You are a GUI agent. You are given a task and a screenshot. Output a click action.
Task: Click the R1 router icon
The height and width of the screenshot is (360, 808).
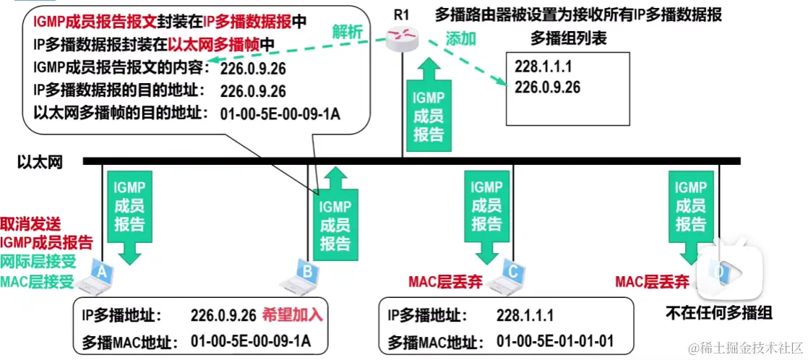(401, 38)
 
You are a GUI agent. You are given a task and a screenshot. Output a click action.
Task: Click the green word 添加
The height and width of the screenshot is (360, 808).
(460, 38)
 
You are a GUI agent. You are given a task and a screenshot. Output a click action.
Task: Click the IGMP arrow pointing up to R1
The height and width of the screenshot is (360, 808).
(428, 108)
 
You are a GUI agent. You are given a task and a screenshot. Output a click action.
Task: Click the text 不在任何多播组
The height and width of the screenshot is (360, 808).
(719, 312)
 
